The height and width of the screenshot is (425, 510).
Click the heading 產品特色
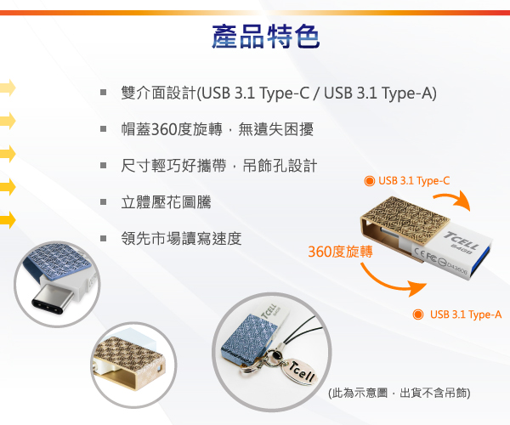click(x=266, y=37)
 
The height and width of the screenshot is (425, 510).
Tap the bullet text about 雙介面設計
click(x=279, y=93)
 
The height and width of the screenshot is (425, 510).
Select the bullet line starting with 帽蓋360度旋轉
click(x=218, y=129)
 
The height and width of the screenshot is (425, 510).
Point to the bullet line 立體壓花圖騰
click(x=166, y=202)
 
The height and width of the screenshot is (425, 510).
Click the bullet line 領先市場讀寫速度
click(x=181, y=238)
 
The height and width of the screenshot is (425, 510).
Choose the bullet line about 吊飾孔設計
click(x=219, y=166)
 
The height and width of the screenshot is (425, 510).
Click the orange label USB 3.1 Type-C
click(x=414, y=181)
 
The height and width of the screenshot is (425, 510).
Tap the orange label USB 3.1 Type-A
click(x=466, y=314)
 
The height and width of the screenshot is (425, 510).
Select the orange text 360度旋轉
click(x=340, y=252)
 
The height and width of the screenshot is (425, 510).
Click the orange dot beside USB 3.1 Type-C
click(x=369, y=181)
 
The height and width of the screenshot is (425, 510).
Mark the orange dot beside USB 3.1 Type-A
click(x=418, y=314)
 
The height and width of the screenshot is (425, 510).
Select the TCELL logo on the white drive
click(x=462, y=240)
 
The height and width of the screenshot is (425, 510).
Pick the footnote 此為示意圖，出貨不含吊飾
click(x=399, y=393)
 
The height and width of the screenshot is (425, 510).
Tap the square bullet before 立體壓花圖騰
click(x=104, y=202)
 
